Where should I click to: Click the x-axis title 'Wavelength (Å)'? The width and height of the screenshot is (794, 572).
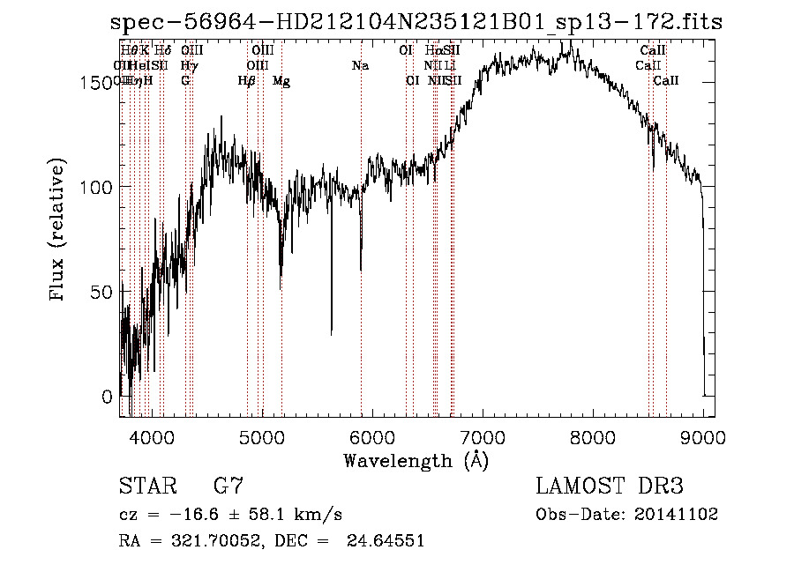click(416, 459)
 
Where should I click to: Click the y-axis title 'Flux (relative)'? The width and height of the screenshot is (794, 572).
click(58, 231)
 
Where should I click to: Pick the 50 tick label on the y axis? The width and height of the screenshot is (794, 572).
click(101, 292)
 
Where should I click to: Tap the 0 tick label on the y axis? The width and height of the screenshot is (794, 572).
click(108, 397)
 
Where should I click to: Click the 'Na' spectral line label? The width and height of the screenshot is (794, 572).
click(360, 65)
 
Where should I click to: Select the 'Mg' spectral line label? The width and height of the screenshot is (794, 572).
click(281, 81)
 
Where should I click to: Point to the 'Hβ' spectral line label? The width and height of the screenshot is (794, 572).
click(246, 80)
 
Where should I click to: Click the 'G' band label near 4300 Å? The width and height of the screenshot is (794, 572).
click(185, 80)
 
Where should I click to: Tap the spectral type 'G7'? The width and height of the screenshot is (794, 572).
click(228, 487)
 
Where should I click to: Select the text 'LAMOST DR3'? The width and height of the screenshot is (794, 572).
click(609, 487)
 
